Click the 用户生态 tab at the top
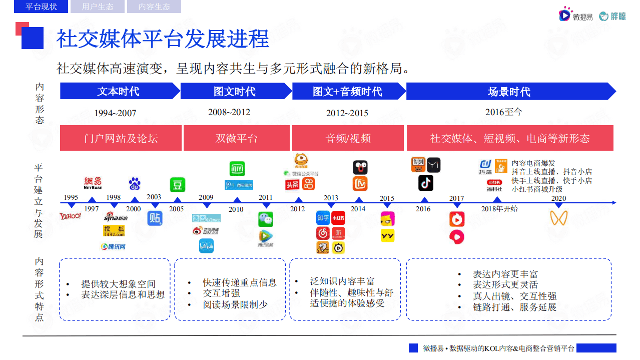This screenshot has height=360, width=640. point(98,7)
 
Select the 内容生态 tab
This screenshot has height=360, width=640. point(154,7)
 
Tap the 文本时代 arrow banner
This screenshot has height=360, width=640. point(119,92)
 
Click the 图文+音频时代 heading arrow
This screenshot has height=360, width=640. point(348,92)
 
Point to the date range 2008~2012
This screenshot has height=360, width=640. point(229,112)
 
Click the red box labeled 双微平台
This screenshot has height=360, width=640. point(237,138)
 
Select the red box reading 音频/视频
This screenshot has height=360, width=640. point(348,138)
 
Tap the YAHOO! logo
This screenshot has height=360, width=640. point(70,216)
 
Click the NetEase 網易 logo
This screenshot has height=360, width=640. point(93,183)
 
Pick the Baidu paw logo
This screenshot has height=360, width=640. point(134,184)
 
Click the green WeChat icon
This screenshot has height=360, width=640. point(266,219)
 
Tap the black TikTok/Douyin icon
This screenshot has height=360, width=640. point(425,183)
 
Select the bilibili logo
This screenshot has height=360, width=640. point(206,246)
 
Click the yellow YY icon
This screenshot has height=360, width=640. point(387,235)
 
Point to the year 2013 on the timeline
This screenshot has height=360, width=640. point(331,198)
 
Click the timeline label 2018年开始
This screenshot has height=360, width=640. point(499,209)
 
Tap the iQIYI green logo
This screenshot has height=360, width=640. point(237,169)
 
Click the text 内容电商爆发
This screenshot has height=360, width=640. point(533,163)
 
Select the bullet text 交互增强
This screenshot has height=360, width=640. point(221,293)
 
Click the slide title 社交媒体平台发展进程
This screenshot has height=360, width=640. point(163,39)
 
